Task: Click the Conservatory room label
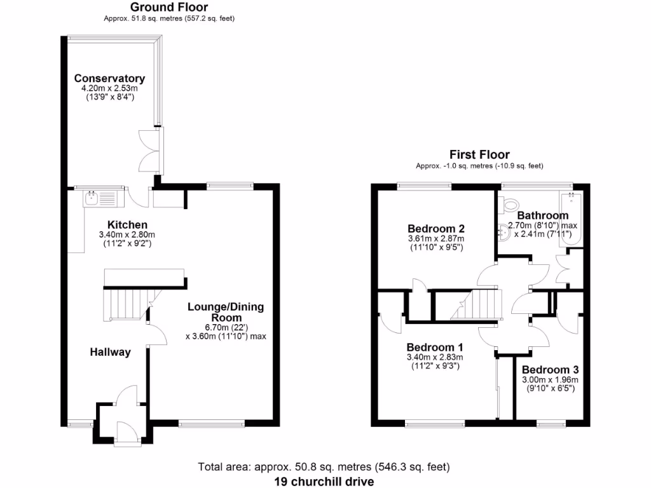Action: tap(109, 79)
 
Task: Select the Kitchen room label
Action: tap(127, 225)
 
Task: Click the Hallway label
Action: tap(110, 352)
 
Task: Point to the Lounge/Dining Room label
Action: tap(225, 312)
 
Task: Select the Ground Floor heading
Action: tap(169, 8)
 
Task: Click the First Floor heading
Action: tap(479, 154)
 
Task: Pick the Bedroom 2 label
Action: tap(435, 229)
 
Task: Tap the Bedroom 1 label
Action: tap(434, 348)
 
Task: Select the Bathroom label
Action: tap(542, 216)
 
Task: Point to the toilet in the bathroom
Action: tap(509, 205)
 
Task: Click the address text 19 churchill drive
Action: tap(324, 481)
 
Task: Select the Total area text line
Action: tap(324, 467)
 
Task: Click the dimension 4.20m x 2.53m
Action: tap(109, 89)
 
